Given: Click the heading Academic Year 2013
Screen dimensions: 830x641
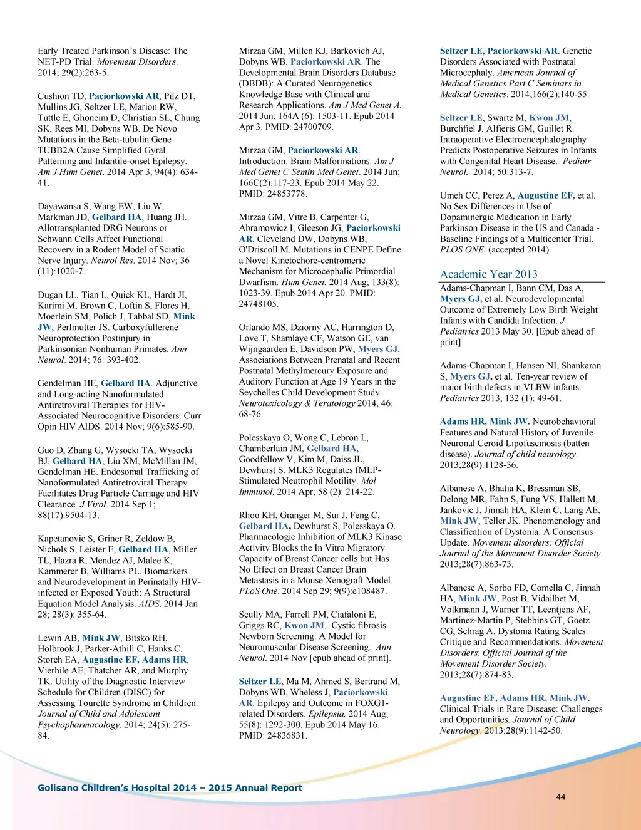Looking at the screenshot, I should tap(488, 274).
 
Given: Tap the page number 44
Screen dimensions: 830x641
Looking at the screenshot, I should tap(560, 797).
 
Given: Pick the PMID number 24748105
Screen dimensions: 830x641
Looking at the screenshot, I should tap(259, 304).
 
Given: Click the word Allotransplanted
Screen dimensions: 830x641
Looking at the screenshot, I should tap(71, 228).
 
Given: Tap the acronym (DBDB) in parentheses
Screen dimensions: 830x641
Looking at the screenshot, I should tap(255, 83).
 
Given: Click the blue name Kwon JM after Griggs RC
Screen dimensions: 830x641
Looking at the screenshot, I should tap(304, 625).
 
